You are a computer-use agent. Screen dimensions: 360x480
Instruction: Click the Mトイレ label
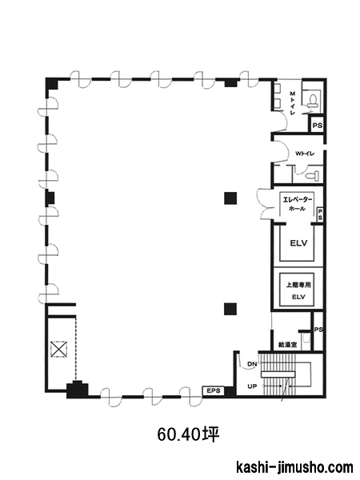[292, 103]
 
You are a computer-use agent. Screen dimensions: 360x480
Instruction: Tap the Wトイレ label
[305, 154]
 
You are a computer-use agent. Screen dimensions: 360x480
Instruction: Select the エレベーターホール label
[297, 205]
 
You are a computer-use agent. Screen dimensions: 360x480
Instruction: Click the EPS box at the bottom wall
[214, 391]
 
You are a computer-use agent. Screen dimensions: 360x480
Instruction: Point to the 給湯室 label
[288, 345]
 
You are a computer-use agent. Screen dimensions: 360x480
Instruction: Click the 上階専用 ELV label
[298, 290]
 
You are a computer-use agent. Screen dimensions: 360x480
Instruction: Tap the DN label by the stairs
[252, 364]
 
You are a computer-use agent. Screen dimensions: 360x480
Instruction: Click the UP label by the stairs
[252, 386]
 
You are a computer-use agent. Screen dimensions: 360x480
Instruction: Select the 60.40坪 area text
[189, 434]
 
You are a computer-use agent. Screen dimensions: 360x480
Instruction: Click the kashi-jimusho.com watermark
[294, 468]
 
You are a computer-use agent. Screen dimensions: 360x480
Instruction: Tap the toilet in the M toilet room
[313, 100]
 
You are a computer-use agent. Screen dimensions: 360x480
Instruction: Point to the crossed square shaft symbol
[58, 349]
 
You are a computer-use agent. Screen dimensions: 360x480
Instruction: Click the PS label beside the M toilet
[317, 126]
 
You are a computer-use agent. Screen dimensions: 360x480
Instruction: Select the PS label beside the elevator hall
[320, 214]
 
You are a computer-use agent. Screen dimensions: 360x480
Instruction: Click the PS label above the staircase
[318, 330]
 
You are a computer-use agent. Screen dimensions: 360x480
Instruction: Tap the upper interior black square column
[230, 198]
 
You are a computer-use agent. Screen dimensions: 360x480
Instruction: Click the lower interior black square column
[230, 309]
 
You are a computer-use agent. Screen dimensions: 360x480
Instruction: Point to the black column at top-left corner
[52, 83]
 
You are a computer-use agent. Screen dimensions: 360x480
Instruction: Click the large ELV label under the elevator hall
[298, 243]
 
